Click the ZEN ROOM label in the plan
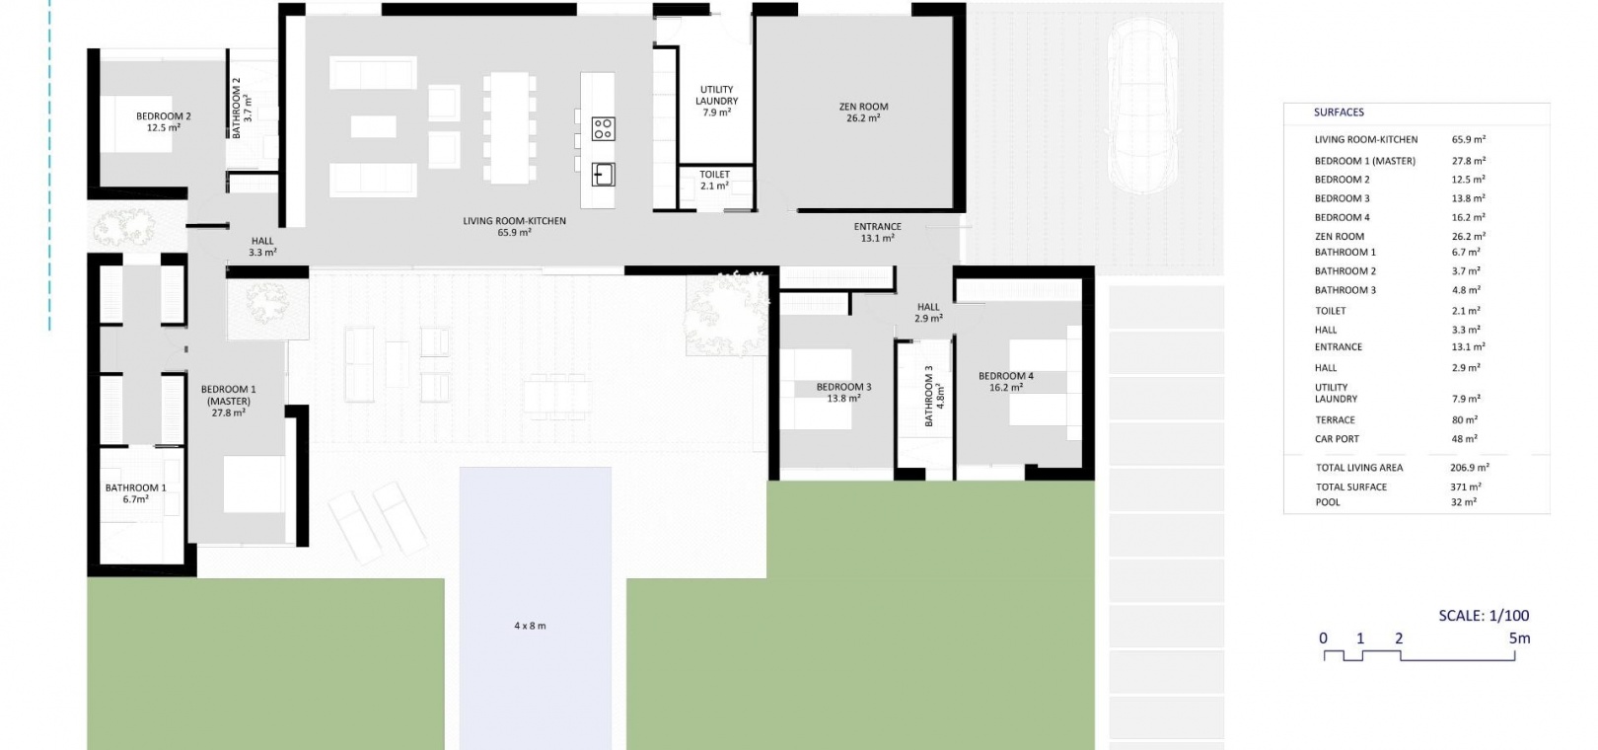click(x=863, y=107)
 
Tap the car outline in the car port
click(x=1142, y=106)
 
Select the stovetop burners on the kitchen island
click(x=603, y=129)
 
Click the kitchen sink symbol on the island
click(x=603, y=175)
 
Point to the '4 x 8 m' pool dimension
click(x=530, y=626)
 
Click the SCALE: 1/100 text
click(x=1484, y=615)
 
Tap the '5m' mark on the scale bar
click(x=1519, y=637)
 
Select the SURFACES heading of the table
click(x=1339, y=112)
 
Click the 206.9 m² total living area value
click(x=1470, y=468)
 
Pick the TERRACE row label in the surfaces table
click(x=1335, y=420)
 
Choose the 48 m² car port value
click(x=1464, y=439)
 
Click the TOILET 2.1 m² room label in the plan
click(x=715, y=180)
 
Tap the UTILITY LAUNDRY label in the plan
click(x=717, y=95)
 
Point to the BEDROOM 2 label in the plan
click(x=164, y=116)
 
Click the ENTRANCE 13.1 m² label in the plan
click(x=878, y=233)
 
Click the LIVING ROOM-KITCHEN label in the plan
click(x=514, y=221)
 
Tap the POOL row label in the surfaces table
click(x=1329, y=502)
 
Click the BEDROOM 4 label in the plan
click(x=1006, y=376)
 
